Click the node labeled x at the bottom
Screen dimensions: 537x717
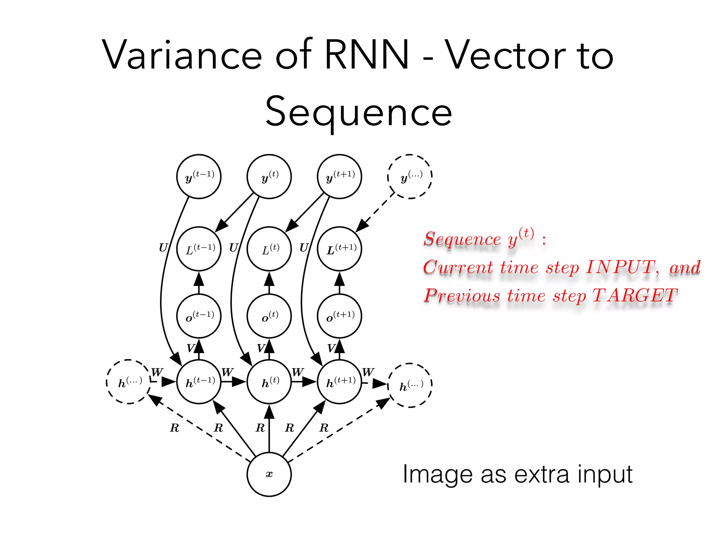click(x=269, y=474)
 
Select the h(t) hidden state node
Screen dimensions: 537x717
click(x=269, y=382)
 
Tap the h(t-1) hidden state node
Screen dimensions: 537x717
click(x=199, y=382)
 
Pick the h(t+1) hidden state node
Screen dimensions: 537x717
click(x=339, y=382)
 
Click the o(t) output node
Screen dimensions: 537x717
click(x=269, y=316)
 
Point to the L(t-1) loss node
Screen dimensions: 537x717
click(x=199, y=249)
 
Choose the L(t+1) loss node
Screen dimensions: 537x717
click(x=339, y=249)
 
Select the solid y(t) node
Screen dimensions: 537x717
click(x=269, y=177)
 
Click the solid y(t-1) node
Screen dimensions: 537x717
click(x=199, y=177)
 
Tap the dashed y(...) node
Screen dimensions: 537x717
click(x=410, y=177)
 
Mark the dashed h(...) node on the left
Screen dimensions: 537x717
click(x=128, y=382)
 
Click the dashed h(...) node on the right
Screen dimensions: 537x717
click(x=410, y=385)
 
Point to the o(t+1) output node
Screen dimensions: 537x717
click(x=339, y=316)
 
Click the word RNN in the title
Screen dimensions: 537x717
click(x=367, y=55)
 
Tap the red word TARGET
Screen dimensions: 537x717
click(x=634, y=296)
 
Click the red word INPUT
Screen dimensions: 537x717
click(x=620, y=267)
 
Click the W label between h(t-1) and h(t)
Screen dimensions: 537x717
click(x=228, y=372)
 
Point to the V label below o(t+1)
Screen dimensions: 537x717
click(x=331, y=348)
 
